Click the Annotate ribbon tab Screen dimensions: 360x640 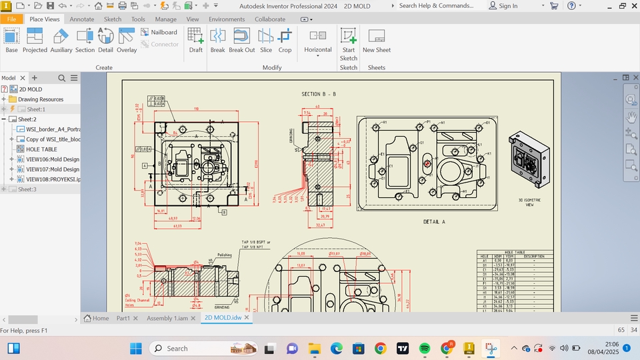coord(82,19)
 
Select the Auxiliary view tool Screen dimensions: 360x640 coord(61,41)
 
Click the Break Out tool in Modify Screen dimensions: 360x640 coord(241,41)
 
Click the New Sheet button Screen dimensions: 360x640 coord(377,41)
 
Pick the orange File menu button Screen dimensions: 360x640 coord(11,19)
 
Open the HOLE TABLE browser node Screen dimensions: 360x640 coord(41,149)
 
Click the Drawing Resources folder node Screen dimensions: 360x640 coord(40,99)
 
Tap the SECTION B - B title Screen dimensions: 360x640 coord(319,95)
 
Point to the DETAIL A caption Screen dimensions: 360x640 coord(434,221)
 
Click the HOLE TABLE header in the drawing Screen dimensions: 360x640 coord(515,252)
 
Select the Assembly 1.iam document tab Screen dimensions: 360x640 coord(169,319)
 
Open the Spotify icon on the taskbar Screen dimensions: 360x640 coord(425,348)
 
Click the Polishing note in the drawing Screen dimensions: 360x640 coord(224,255)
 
